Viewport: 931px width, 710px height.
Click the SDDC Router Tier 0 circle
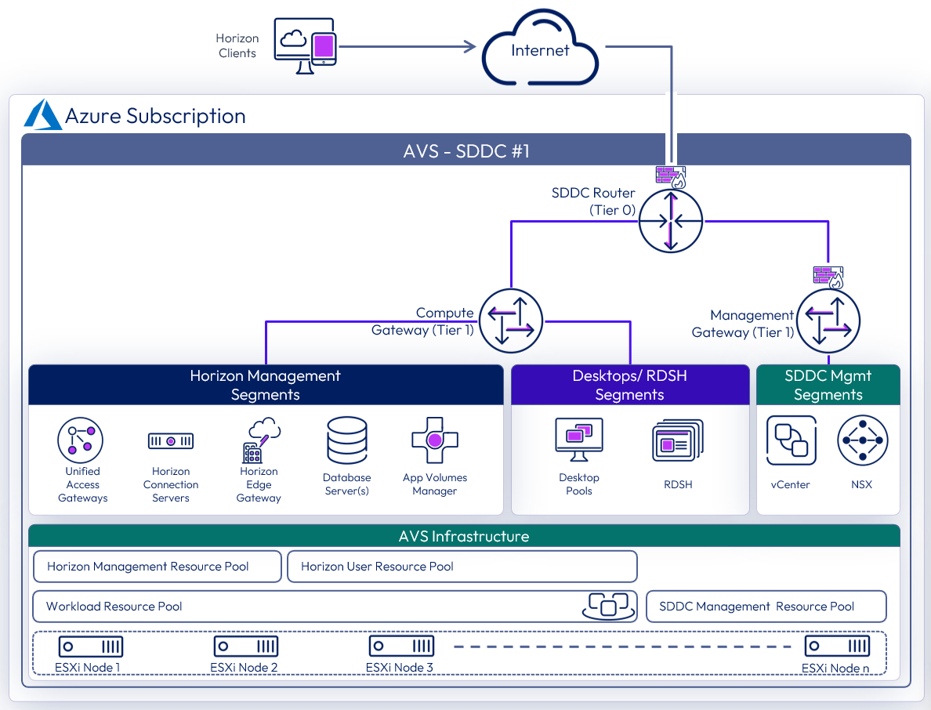click(x=670, y=221)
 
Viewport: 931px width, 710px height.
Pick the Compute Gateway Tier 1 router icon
click(x=511, y=321)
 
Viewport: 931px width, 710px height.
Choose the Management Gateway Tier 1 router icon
click(x=828, y=321)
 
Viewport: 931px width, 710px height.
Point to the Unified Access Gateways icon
click(x=81, y=440)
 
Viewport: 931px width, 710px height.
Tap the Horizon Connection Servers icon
click(x=171, y=441)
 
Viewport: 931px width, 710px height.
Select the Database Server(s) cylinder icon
click(x=347, y=440)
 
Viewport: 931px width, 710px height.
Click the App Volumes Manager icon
click(x=435, y=440)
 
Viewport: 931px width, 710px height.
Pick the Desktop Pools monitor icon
click(x=578, y=439)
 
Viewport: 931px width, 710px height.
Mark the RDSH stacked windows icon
click(x=678, y=440)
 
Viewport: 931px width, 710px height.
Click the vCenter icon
click(x=791, y=440)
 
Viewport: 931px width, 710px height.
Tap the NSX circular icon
click(x=864, y=440)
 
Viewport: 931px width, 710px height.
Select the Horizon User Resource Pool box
click(x=462, y=567)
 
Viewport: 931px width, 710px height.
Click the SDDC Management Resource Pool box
click(x=766, y=607)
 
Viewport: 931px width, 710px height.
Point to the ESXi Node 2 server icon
click(x=246, y=647)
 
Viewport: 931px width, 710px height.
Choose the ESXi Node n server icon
click(x=837, y=647)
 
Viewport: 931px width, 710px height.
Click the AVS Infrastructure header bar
click(x=464, y=536)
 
